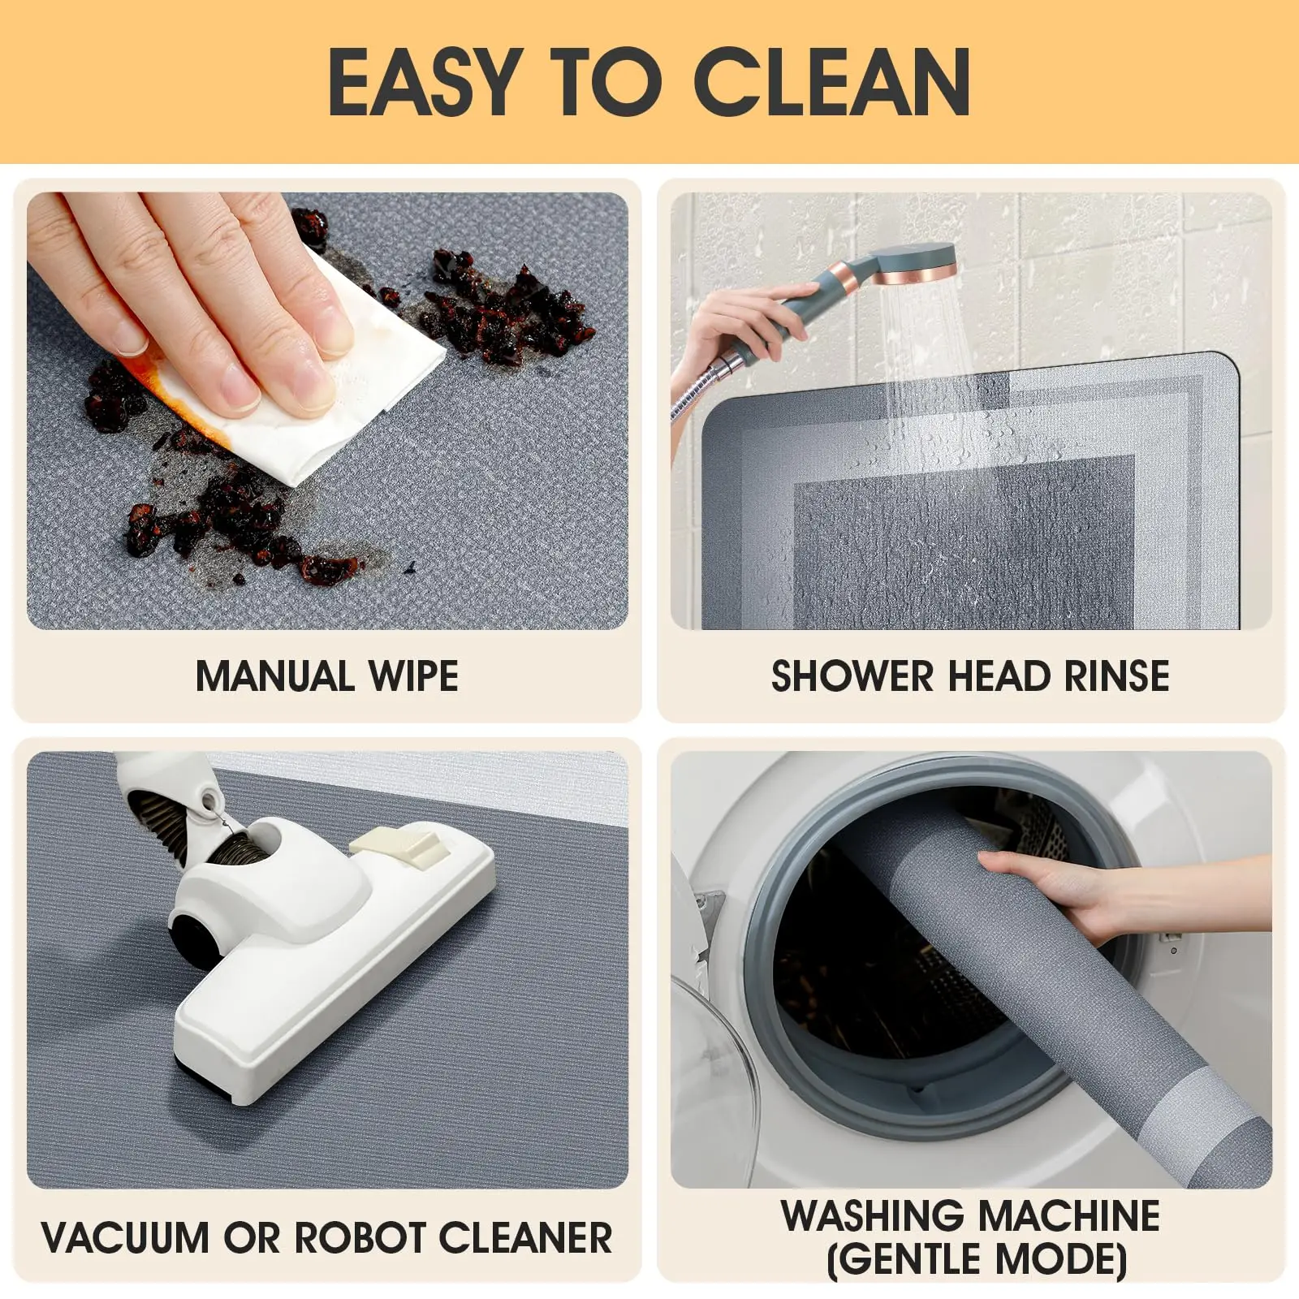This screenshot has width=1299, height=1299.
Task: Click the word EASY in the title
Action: coord(425,81)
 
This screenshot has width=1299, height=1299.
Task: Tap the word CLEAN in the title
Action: coord(831,81)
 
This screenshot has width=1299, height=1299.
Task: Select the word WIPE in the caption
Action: coord(413,676)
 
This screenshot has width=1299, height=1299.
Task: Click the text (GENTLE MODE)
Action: coord(977,1260)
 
